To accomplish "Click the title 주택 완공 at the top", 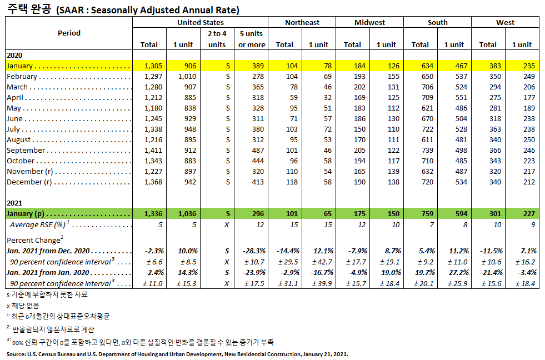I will click(27, 9).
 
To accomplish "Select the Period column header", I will click(69, 33).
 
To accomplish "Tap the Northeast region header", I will click(302, 23).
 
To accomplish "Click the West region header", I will click(505, 23).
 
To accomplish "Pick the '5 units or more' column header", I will click(252, 39).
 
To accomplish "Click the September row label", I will click(26, 151).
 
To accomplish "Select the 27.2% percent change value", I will click(457, 273).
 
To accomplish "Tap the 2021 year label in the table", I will click(15, 203).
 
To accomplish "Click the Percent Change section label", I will click(33, 241).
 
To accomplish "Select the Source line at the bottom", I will click(177, 353).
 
